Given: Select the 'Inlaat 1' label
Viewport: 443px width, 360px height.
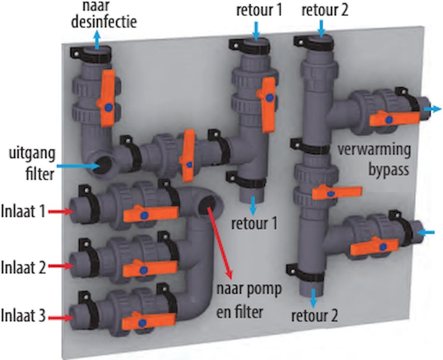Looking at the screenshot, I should tap(23, 212).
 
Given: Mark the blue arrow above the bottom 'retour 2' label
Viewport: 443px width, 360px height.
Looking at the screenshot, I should tap(314, 298).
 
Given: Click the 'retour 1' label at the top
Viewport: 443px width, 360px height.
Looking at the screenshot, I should tap(259, 10).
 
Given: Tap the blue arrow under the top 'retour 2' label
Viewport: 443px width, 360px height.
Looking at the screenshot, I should tap(321, 28).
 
